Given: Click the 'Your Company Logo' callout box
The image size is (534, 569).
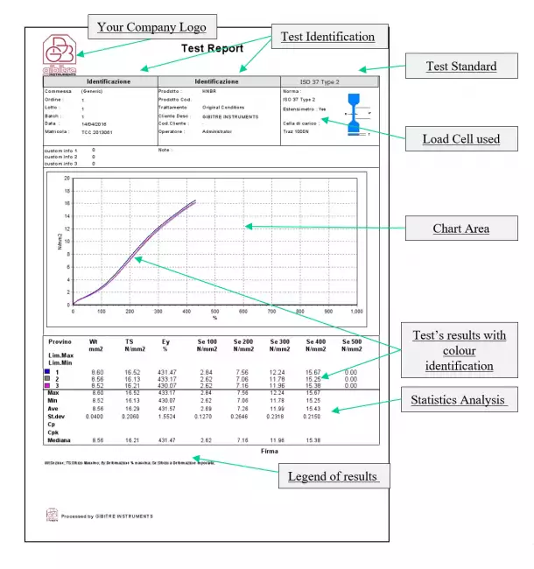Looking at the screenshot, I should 152,27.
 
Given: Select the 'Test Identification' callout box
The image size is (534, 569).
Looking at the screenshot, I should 327,37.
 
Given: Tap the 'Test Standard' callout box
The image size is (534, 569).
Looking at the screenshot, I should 460,66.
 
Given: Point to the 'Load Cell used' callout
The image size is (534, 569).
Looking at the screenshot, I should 460,139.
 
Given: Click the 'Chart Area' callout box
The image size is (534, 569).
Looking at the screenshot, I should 460,229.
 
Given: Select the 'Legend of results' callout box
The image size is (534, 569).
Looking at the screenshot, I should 333,476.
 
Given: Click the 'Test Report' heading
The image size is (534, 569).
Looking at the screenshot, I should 212,49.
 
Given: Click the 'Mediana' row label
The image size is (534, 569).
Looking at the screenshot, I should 60,440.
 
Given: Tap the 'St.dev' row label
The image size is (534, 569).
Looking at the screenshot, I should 57,417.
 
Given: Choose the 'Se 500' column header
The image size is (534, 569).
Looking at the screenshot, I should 351,344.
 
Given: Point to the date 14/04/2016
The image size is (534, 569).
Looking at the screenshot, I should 95,123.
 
